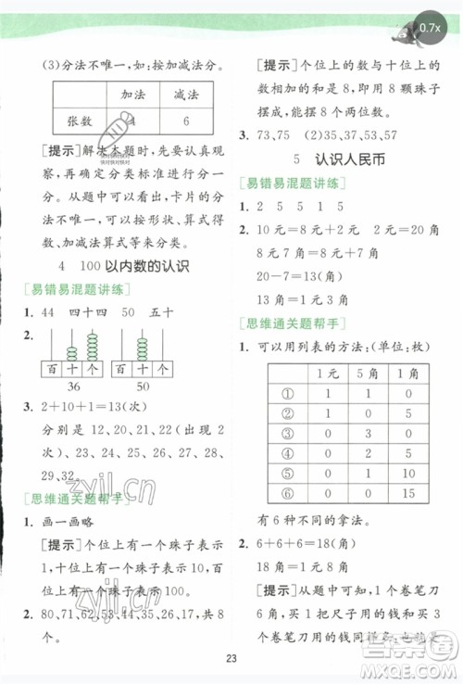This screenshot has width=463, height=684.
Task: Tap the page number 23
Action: coord(231,659)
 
